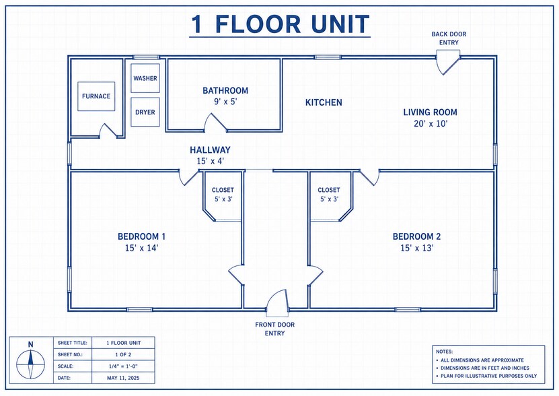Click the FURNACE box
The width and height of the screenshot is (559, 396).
click(96, 96)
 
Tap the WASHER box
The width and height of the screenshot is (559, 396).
click(145, 78)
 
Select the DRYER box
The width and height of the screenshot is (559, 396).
click(145, 112)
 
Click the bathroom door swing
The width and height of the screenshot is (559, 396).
click(215, 122)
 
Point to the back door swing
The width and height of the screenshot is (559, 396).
click(448, 65)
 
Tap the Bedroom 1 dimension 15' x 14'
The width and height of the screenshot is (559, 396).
click(141, 248)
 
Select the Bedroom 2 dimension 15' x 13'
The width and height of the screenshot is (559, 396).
click(417, 248)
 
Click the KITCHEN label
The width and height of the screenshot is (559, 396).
click(324, 102)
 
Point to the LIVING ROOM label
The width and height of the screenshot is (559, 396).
click(431, 112)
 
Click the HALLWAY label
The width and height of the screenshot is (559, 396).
click(210, 150)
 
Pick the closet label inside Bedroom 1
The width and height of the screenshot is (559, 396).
click(223, 190)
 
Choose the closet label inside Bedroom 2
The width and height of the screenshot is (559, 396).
click(329, 190)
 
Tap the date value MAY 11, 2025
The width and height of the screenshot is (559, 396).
click(123, 378)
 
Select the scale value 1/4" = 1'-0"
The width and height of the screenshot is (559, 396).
click(123, 366)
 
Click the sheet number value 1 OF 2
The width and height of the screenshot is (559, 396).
click(123, 354)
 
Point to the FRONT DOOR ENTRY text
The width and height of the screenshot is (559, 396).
click(275, 329)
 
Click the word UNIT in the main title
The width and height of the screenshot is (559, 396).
click(340, 24)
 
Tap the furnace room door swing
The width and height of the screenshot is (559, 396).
click(108, 131)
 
